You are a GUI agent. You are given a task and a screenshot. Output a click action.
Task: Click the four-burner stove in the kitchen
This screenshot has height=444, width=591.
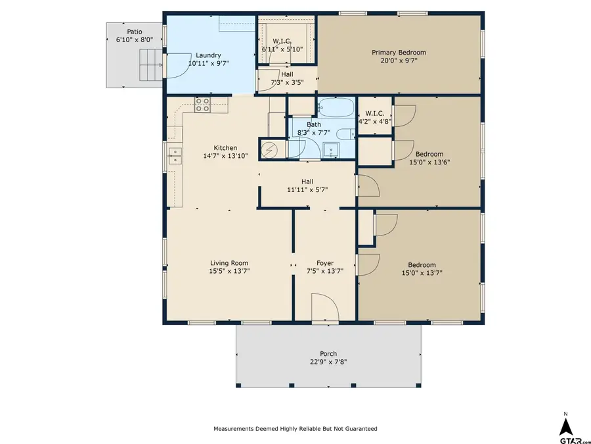tap(202, 104)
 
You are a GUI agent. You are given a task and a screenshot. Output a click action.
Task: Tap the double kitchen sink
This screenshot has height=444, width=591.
tap(175, 156)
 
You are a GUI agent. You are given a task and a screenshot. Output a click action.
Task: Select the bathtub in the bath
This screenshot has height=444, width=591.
tap(336, 107)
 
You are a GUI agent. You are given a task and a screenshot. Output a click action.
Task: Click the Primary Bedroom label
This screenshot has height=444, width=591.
tap(399, 53)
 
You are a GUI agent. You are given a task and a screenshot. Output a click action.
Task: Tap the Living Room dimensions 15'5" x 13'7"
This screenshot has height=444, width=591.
tap(229, 270)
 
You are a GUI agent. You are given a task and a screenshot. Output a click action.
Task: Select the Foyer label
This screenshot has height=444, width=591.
tap(324, 263)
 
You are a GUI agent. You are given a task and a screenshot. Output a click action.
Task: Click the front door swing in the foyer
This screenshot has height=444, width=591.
tap(324, 308)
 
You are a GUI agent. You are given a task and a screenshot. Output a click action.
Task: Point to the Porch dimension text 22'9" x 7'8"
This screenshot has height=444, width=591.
tap(328, 361)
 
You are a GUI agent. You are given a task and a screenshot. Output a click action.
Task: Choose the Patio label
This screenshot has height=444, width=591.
tap(134, 31)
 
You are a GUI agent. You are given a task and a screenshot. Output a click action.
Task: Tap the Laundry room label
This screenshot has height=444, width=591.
tap(208, 55)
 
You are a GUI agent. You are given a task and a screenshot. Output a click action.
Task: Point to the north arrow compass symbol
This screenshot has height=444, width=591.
tap(565, 423)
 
